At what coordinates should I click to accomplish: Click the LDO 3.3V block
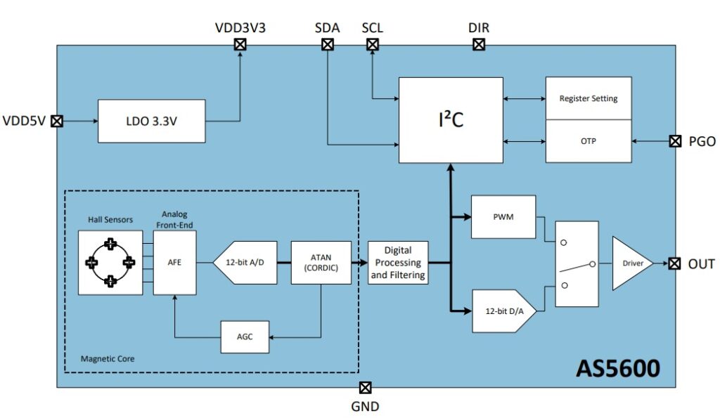pyautogui.click(x=151, y=120)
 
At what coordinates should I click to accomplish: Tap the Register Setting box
pyautogui.click(x=588, y=98)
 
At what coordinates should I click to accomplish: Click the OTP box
pyautogui.click(x=588, y=141)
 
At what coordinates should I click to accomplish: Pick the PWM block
pyautogui.click(x=503, y=217)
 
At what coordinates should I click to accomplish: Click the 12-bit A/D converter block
pyautogui.click(x=244, y=263)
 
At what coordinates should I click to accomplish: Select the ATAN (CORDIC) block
pyautogui.click(x=321, y=263)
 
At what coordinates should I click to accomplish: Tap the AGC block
pyautogui.click(x=245, y=337)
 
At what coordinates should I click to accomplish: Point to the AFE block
pyautogui.click(x=174, y=263)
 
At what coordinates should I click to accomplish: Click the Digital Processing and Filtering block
pyautogui.click(x=398, y=263)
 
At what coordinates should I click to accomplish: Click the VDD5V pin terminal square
pyautogui.click(x=58, y=120)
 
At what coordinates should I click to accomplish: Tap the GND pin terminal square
pyautogui.click(x=365, y=387)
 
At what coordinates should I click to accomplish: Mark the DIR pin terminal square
pyautogui.click(x=479, y=45)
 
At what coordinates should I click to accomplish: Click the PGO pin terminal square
pyautogui.click(x=675, y=141)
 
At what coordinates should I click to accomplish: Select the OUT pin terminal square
pyautogui.click(x=675, y=263)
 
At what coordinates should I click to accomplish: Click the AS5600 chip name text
pyautogui.click(x=617, y=368)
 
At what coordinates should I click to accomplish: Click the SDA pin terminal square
pyautogui.click(x=327, y=45)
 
